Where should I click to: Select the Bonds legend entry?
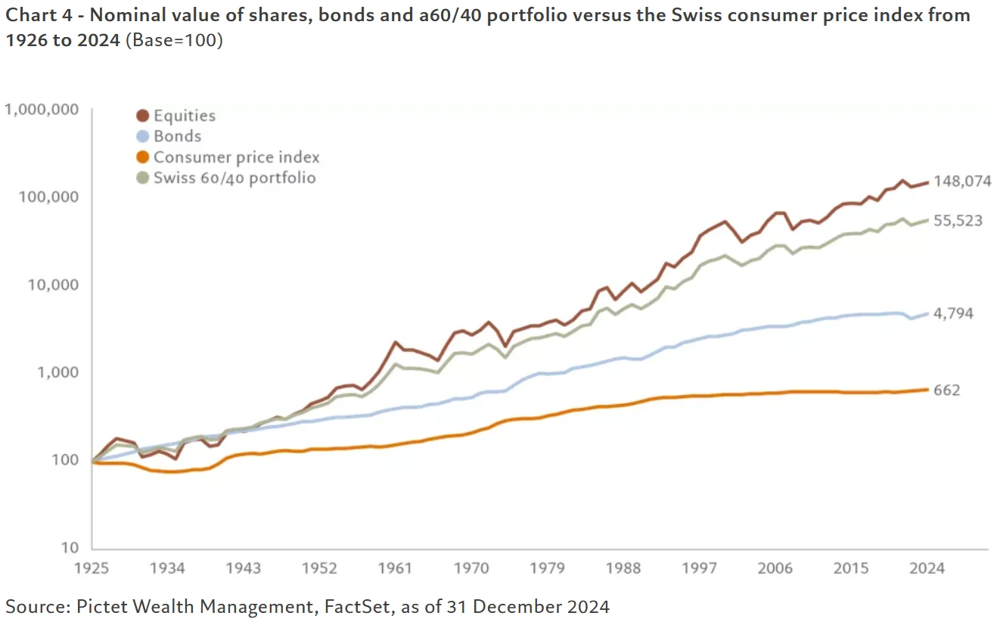[x=177, y=136]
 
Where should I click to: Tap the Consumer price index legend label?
[x=236, y=157]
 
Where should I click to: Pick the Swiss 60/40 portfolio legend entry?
[x=234, y=178]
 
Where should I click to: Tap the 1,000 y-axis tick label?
[x=58, y=372]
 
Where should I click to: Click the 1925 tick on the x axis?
[x=92, y=568]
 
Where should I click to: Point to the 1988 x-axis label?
[x=624, y=568]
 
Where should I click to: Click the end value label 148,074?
[x=962, y=182]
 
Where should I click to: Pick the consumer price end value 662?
[x=947, y=390]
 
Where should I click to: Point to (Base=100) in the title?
[x=173, y=40]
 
